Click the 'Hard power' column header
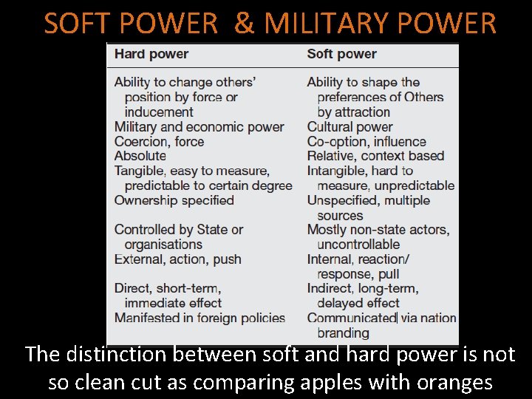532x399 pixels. [151, 54]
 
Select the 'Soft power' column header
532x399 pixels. [341, 54]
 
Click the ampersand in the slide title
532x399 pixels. [242, 24]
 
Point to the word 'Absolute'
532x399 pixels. [140, 156]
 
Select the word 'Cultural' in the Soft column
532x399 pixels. [330, 126]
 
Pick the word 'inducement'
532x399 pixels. [159, 112]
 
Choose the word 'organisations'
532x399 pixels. [163, 245]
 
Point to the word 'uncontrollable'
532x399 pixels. [358, 245]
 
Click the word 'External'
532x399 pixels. [138, 259]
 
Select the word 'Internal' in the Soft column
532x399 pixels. [330, 259]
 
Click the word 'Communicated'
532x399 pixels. [352, 318]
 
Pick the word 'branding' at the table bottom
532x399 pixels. [343, 333]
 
